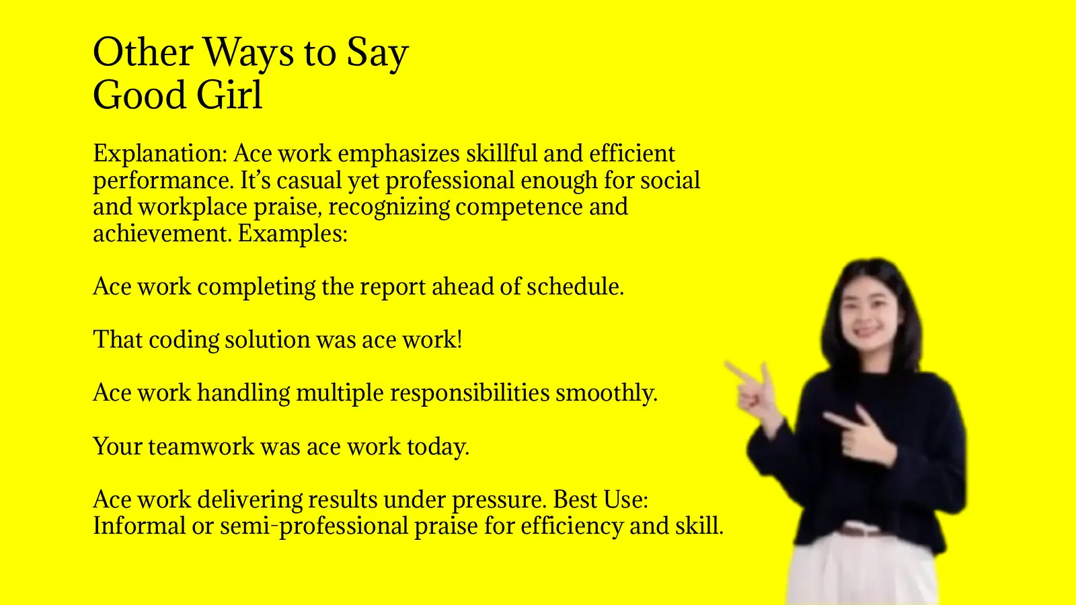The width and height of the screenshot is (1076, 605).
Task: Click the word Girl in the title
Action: (x=229, y=95)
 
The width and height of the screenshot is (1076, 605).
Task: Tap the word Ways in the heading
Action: (x=248, y=52)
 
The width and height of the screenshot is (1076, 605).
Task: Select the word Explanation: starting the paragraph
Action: (x=160, y=154)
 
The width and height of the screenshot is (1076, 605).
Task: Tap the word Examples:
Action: (x=293, y=233)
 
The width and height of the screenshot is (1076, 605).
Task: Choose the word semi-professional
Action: (x=314, y=526)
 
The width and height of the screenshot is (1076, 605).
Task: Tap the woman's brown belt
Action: (x=859, y=531)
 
